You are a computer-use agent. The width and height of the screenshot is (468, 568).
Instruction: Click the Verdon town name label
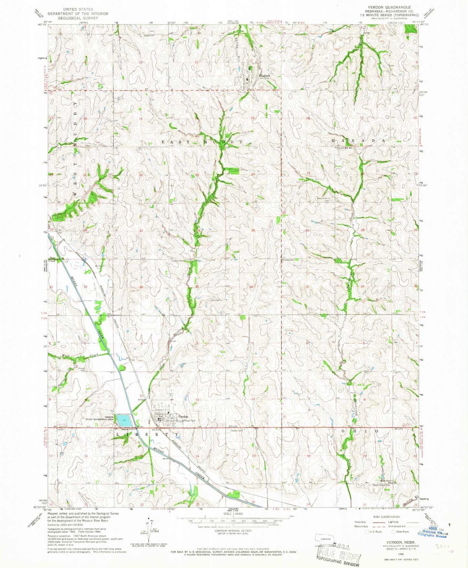coord(183,417)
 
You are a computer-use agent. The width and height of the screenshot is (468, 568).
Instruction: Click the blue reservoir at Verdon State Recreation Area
coord(124,421)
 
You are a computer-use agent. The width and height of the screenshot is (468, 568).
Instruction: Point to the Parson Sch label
coord(288,259)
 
